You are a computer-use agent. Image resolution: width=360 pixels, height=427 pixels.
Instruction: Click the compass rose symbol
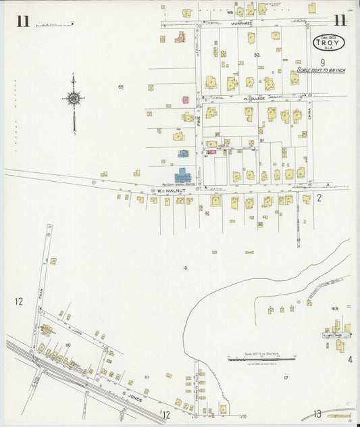[73, 99]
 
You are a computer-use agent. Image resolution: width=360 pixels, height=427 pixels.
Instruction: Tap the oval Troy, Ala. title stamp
[329, 43]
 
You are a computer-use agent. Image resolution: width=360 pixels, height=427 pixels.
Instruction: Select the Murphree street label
[241, 23]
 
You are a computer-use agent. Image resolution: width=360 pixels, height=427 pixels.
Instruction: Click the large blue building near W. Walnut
[183, 177]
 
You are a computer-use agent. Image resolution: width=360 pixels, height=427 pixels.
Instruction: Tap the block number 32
[256, 54]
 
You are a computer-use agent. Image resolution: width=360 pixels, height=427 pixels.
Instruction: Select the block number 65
[120, 86]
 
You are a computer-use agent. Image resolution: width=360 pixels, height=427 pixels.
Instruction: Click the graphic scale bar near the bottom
[263, 359]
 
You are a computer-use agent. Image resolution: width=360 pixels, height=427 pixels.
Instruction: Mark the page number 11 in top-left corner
[22, 21]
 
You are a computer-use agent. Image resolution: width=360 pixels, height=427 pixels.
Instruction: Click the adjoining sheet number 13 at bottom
[317, 413]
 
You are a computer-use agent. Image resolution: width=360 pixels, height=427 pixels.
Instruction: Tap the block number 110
[68, 345]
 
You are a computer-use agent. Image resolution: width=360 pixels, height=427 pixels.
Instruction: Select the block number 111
[146, 377]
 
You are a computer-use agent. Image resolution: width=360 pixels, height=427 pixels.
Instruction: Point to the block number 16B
[334, 308]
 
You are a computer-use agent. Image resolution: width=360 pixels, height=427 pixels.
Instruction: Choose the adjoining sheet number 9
[322, 62]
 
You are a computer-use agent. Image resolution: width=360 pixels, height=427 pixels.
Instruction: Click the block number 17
[286, 378]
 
